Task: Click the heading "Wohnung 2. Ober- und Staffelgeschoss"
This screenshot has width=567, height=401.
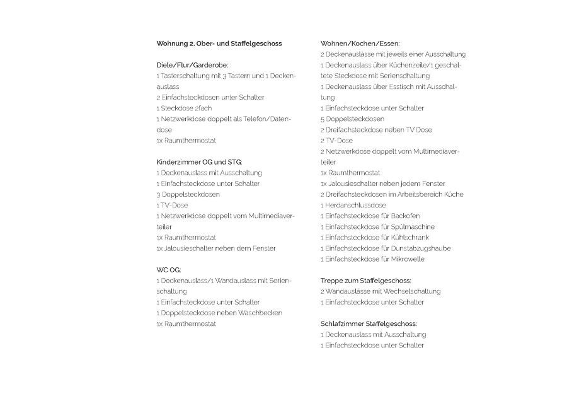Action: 219,44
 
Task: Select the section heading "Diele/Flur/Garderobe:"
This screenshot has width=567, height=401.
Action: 192,65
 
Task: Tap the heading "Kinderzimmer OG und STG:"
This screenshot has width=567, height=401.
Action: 199,162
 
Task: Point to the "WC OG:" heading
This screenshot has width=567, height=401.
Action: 169,270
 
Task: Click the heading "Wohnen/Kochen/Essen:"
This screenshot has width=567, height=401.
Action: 360,44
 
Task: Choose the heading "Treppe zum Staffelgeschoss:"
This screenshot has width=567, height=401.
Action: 365,281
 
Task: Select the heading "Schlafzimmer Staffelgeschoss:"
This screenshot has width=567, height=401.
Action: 369,323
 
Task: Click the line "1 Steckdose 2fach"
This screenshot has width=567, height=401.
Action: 184,108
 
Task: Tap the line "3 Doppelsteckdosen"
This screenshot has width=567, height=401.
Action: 188,194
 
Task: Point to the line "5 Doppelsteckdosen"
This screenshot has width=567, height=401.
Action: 352,119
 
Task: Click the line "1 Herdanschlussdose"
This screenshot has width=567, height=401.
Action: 353,205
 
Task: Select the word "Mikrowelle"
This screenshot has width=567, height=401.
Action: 407,259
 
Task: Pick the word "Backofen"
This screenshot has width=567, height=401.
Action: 405,216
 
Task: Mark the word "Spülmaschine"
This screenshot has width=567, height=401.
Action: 412,226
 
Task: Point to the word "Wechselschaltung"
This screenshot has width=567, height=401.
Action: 411,291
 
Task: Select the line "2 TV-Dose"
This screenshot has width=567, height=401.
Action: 336,140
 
